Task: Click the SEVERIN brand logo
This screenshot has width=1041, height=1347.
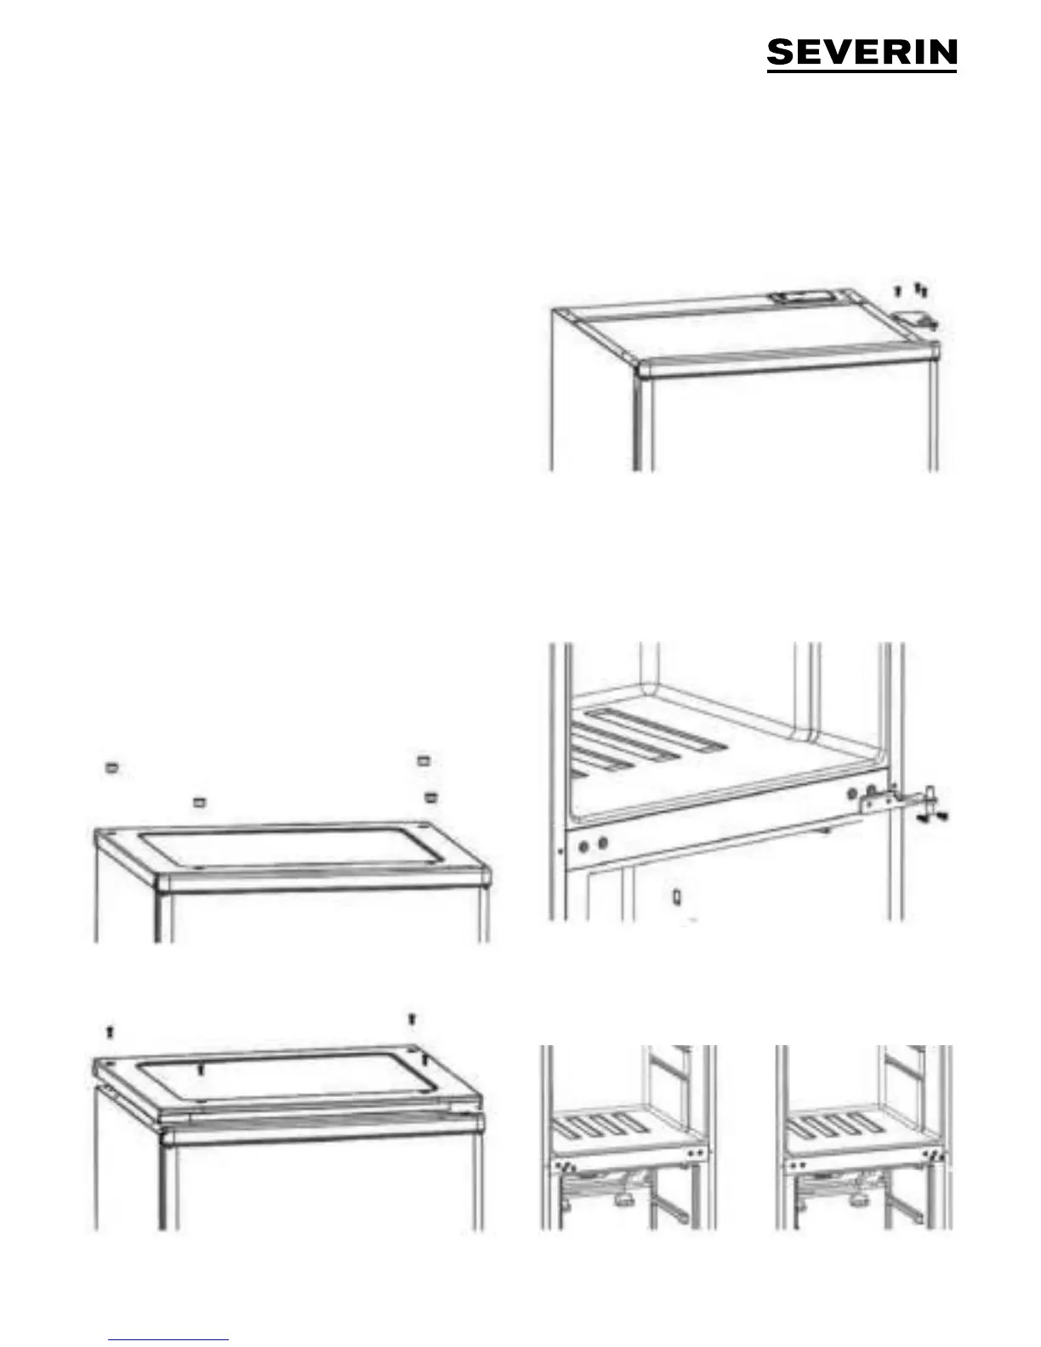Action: click(x=862, y=54)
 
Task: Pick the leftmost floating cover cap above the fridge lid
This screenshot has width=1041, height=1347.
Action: click(x=111, y=768)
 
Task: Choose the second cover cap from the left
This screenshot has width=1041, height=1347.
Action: click(x=199, y=803)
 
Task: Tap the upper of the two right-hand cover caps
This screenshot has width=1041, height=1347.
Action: click(x=423, y=760)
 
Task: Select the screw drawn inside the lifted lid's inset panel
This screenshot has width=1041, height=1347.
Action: click(x=200, y=1069)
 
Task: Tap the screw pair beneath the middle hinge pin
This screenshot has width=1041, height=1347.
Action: click(x=934, y=818)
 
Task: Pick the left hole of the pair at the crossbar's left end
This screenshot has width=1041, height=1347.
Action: click(x=583, y=844)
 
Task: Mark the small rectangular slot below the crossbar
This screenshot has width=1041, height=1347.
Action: click(x=677, y=896)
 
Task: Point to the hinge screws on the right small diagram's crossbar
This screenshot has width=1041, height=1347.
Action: click(x=935, y=1154)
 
